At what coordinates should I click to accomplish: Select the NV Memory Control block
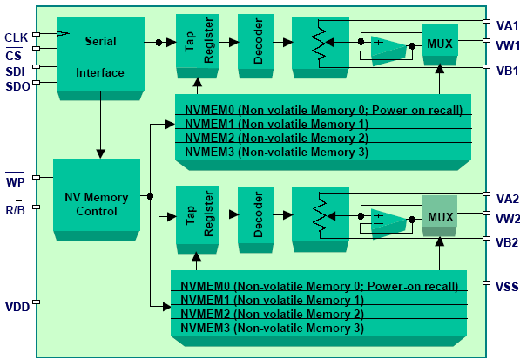(x=97, y=200)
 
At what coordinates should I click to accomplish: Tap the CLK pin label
(x=16, y=37)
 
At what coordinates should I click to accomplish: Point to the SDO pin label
(x=18, y=86)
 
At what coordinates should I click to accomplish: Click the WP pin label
(x=15, y=182)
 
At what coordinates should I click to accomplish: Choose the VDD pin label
(x=17, y=307)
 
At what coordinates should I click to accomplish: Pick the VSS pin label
(x=507, y=287)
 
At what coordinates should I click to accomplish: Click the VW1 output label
(x=508, y=45)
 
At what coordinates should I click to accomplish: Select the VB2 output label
(x=507, y=242)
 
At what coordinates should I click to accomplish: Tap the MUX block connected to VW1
(x=440, y=44)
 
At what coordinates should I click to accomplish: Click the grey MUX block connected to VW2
(x=439, y=216)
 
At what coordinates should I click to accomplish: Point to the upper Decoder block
(x=256, y=46)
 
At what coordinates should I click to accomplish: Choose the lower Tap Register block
(x=198, y=220)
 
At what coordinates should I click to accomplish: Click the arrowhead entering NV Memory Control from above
(x=101, y=153)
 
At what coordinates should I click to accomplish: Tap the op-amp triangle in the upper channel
(x=388, y=51)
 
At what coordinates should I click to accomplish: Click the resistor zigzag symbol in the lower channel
(x=320, y=216)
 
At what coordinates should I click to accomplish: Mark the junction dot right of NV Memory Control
(x=150, y=196)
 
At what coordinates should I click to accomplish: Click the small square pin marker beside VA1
(x=487, y=21)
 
